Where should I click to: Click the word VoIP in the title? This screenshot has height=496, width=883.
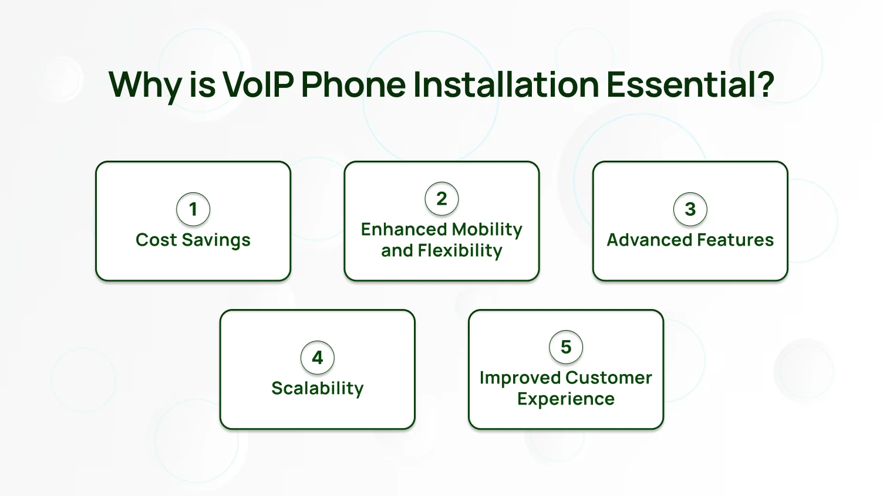pyautogui.click(x=258, y=84)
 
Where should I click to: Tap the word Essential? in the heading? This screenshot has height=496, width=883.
pyautogui.click(x=690, y=84)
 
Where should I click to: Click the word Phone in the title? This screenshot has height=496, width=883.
pyautogui.click(x=353, y=84)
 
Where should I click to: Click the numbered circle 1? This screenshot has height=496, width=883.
pyautogui.click(x=193, y=209)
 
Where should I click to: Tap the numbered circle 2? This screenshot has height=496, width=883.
pyautogui.click(x=441, y=199)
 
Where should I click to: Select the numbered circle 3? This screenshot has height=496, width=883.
pyautogui.click(x=690, y=209)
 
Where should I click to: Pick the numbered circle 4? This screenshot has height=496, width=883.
pyautogui.click(x=318, y=358)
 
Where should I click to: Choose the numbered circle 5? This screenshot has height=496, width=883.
pyautogui.click(x=566, y=347)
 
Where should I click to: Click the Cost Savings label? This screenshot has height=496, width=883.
pyautogui.click(x=193, y=240)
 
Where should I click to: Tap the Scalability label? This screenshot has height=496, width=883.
pyautogui.click(x=318, y=389)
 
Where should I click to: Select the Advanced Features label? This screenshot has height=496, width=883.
pyautogui.click(x=690, y=240)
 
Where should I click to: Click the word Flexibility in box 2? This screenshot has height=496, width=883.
pyautogui.click(x=460, y=251)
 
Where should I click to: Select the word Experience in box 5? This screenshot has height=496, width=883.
pyautogui.click(x=566, y=399)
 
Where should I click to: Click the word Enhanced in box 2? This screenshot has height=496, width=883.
pyautogui.click(x=396, y=230)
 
